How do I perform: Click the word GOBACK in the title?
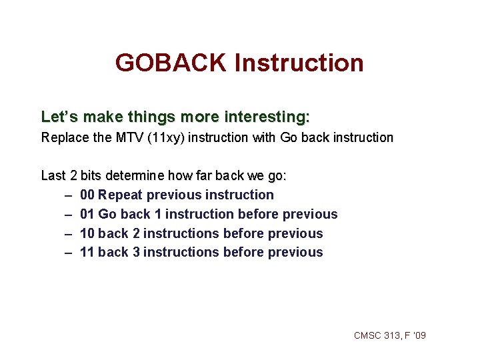tap(171, 63)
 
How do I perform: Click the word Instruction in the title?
tap(299, 63)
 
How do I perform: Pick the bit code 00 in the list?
tap(87, 195)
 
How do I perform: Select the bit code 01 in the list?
tap(87, 214)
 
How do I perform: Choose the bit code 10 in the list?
tap(87, 233)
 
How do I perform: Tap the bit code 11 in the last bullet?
tap(87, 252)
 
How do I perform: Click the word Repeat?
tap(120, 195)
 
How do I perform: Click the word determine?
tap(136, 176)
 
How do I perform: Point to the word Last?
tap(53, 176)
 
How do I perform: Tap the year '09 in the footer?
tap(419, 335)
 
